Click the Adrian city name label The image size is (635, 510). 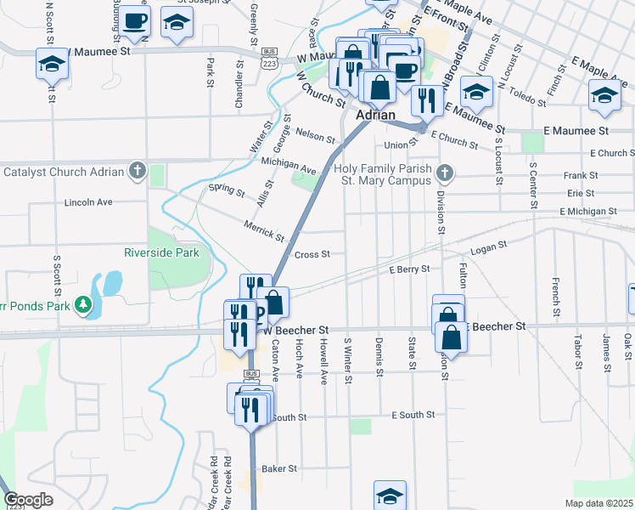(377, 115)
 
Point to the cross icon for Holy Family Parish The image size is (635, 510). (443, 175)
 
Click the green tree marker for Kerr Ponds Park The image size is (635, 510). (82, 303)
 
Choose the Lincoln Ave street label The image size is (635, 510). (88, 203)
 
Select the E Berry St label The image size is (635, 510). (410, 268)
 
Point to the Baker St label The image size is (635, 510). (279, 468)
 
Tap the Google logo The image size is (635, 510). (28, 500)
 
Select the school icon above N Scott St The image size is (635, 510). (52, 64)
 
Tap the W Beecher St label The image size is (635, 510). (295, 330)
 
